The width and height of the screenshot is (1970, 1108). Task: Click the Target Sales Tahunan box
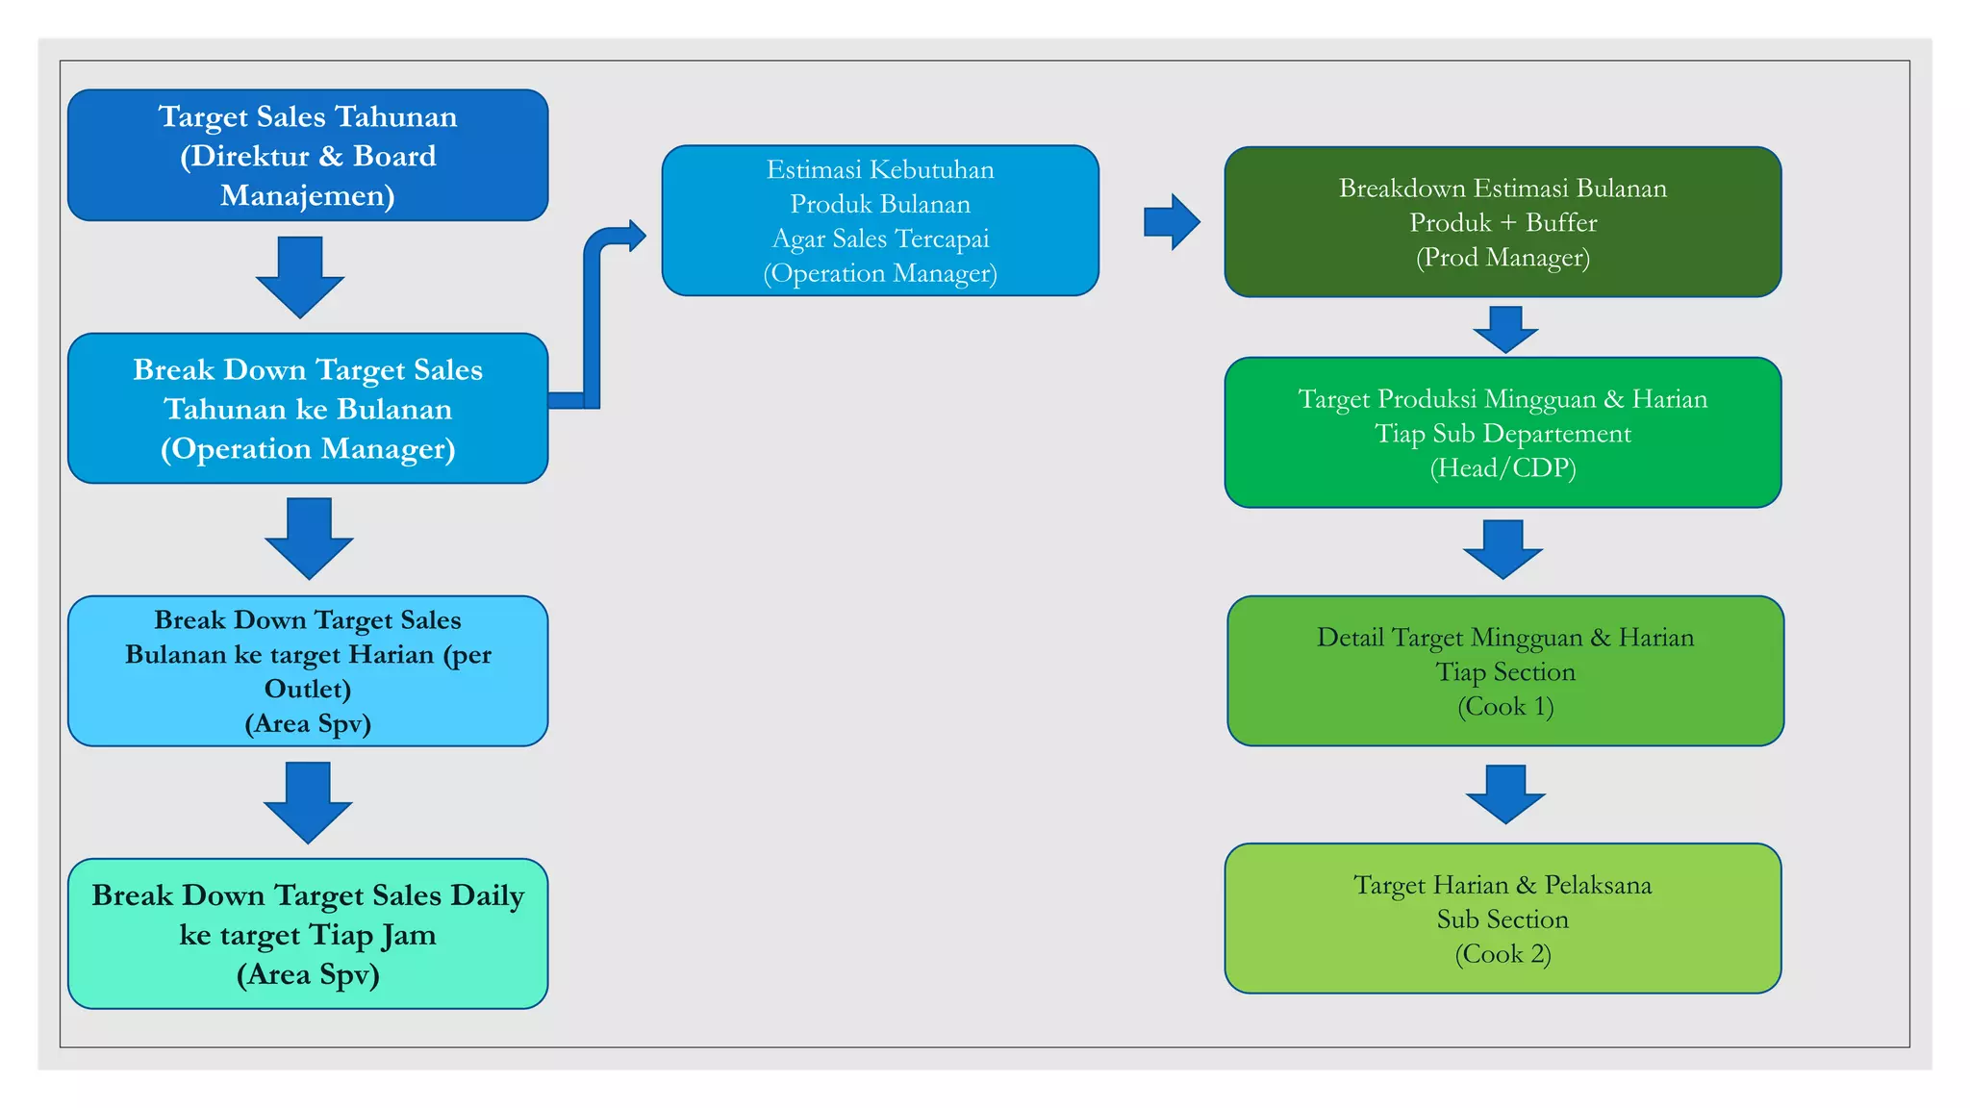point(308,155)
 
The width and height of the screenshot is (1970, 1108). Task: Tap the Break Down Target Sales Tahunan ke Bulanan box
point(308,408)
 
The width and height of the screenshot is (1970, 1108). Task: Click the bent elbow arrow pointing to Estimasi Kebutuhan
point(594,308)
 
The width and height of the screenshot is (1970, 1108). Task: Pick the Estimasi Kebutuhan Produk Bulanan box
point(880,220)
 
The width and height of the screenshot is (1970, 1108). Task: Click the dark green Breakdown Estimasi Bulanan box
point(1503,221)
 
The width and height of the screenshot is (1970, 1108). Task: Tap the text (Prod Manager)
point(1503,258)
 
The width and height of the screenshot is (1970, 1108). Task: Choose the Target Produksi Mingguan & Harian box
point(1503,432)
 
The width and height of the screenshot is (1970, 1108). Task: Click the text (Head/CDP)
point(1503,468)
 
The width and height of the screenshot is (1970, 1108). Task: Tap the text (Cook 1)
point(1505,707)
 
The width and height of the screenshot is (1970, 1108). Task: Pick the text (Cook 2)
point(1503,954)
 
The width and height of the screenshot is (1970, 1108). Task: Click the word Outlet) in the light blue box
point(308,690)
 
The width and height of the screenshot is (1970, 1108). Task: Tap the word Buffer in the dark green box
point(1560,223)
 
